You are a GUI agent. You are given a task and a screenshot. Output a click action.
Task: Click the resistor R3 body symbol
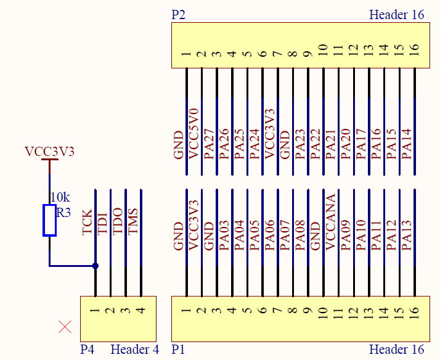[x=49, y=220]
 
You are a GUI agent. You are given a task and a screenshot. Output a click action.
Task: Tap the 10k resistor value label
[x=60, y=197]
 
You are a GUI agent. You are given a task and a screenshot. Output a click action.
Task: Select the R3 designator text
[x=63, y=213]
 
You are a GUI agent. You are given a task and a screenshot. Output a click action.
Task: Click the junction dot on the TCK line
[x=96, y=266]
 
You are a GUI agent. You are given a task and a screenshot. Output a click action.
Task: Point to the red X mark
[x=65, y=327]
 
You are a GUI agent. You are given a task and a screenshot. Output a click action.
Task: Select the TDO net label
[x=118, y=223]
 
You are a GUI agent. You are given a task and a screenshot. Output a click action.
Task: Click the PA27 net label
[x=210, y=144]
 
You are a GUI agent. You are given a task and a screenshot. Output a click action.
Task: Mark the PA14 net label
[x=407, y=144]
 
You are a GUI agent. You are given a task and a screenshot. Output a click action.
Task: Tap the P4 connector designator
[x=88, y=350]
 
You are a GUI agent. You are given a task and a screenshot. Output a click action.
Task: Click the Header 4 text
[x=134, y=350]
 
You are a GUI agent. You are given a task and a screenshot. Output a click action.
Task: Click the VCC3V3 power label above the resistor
[x=49, y=151]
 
